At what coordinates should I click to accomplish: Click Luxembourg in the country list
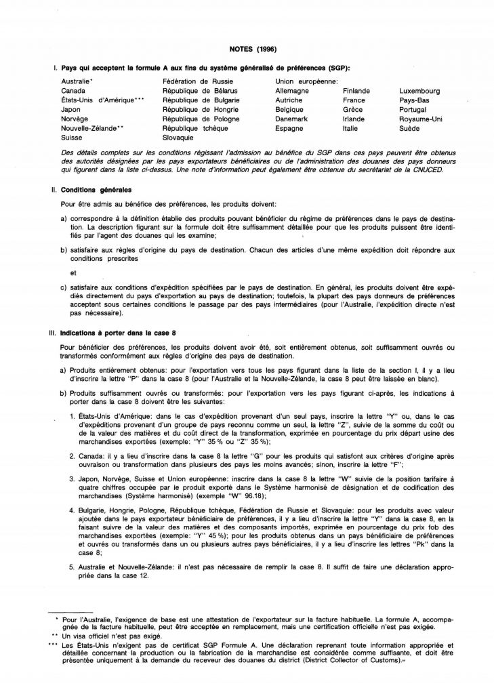tap(420, 90)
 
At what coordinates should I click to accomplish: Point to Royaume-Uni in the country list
tap(421, 119)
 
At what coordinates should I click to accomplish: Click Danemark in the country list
tap(292, 119)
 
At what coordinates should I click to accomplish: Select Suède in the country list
tap(410, 128)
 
